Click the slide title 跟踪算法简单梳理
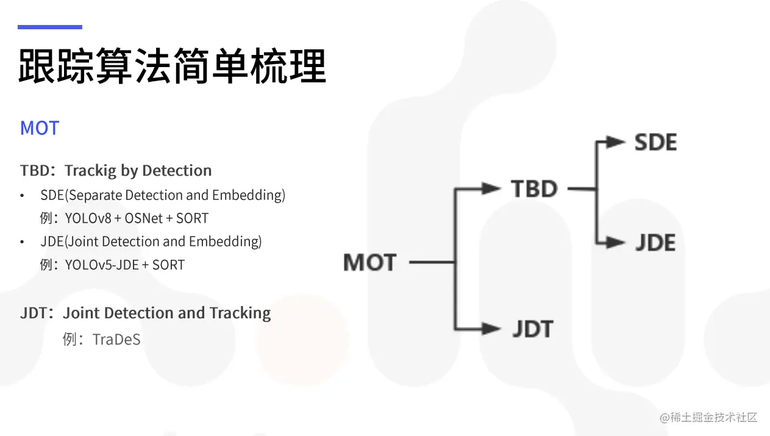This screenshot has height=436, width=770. point(172,66)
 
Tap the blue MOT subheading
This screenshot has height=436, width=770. point(40,128)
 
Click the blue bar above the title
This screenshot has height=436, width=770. point(49,27)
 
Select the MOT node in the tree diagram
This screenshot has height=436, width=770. point(370,263)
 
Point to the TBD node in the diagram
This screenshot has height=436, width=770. point(534,189)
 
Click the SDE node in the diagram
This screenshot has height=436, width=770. point(655,143)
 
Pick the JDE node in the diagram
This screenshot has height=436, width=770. point(655,243)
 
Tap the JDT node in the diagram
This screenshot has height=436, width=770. point(532,329)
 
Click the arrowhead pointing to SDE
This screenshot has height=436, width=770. point(617,143)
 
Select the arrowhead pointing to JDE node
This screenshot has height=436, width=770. point(617,243)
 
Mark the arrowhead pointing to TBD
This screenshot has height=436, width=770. point(491,189)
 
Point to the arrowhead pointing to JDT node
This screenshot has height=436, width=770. point(491,329)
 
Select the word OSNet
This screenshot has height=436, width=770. point(144,218)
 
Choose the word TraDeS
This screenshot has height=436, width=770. point(116,339)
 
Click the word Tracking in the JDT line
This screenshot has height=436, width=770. point(240,313)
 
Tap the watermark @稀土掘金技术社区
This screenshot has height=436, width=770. point(708,418)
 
